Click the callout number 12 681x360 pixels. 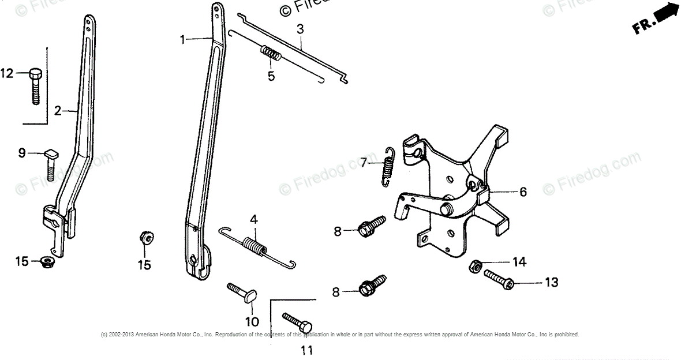tap(7, 74)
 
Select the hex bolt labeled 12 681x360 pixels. tap(35, 87)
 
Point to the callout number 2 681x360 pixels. tap(58, 111)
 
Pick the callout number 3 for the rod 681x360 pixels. tap(300, 28)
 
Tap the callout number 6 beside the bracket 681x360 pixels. tap(523, 192)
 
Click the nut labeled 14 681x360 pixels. tap(477, 266)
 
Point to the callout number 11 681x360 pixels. tap(306, 350)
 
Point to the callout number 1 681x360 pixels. tap(183, 39)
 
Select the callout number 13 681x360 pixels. tap(552, 283)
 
